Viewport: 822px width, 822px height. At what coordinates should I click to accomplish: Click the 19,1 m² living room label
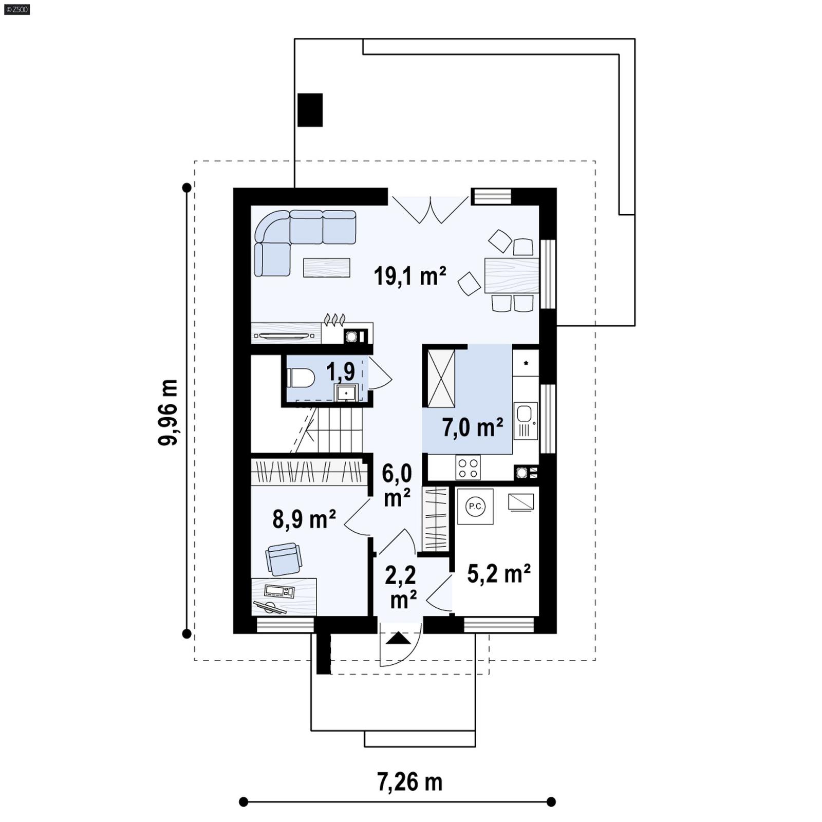click(409, 276)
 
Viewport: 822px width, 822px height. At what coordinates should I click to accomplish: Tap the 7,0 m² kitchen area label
click(472, 427)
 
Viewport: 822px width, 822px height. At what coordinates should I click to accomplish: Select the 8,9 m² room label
click(304, 519)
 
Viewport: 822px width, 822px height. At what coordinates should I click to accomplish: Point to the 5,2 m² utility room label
click(498, 574)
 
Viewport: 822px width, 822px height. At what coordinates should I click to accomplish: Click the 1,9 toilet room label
click(341, 371)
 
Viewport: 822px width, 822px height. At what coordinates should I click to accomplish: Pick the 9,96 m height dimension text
click(169, 412)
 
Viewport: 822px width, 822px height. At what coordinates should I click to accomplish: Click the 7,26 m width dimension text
click(409, 782)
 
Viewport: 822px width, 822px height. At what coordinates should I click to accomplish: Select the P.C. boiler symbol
click(475, 507)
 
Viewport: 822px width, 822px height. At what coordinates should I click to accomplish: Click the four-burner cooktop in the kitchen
click(468, 468)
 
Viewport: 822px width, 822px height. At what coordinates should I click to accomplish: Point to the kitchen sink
click(525, 414)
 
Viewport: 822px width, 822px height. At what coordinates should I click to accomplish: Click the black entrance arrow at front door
click(399, 639)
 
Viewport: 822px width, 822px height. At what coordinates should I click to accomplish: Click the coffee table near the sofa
click(327, 268)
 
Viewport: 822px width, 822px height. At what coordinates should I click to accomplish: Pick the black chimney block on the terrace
click(310, 110)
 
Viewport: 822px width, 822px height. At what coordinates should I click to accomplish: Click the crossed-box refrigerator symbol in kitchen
click(441, 379)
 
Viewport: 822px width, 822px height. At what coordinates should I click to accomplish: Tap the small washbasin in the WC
click(346, 394)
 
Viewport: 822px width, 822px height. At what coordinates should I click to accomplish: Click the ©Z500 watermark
click(16, 9)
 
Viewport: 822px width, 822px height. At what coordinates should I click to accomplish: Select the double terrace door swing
click(430, 211)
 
